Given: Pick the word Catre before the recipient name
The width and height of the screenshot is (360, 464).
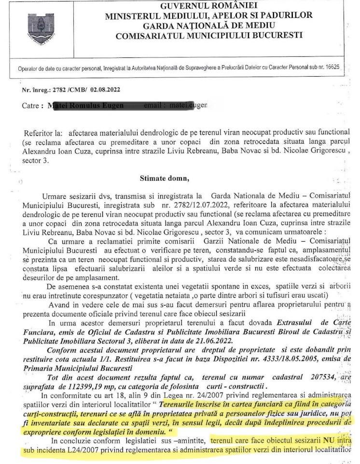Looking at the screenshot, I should point(32,106).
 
